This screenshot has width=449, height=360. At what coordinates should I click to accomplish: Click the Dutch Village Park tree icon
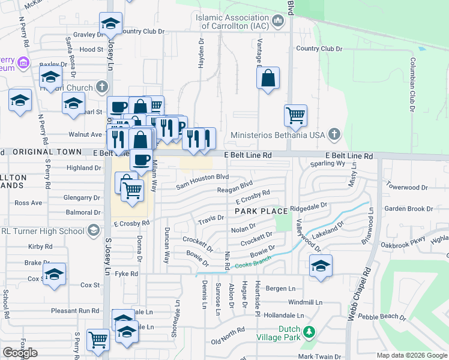[x=309, y=331]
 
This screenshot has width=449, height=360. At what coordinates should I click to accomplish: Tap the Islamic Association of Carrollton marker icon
[x=277, y=22]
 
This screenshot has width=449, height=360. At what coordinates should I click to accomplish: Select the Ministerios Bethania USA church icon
[x=335, y=134]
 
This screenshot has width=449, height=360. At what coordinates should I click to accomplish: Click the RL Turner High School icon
[x=93, y=230]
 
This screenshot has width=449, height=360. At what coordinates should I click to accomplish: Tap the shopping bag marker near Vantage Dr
[x=268, y=78]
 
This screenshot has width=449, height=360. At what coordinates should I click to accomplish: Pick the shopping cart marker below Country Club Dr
[x=295, y=115]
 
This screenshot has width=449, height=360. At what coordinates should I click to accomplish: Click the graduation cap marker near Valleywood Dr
[x=321, y=265]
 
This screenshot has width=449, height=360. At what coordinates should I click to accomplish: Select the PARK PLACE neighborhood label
[x=261, y=212]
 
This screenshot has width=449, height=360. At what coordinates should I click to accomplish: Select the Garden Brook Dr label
[x=408, y=209]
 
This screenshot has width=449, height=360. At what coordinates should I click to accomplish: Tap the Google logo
[x=20, y=353]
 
